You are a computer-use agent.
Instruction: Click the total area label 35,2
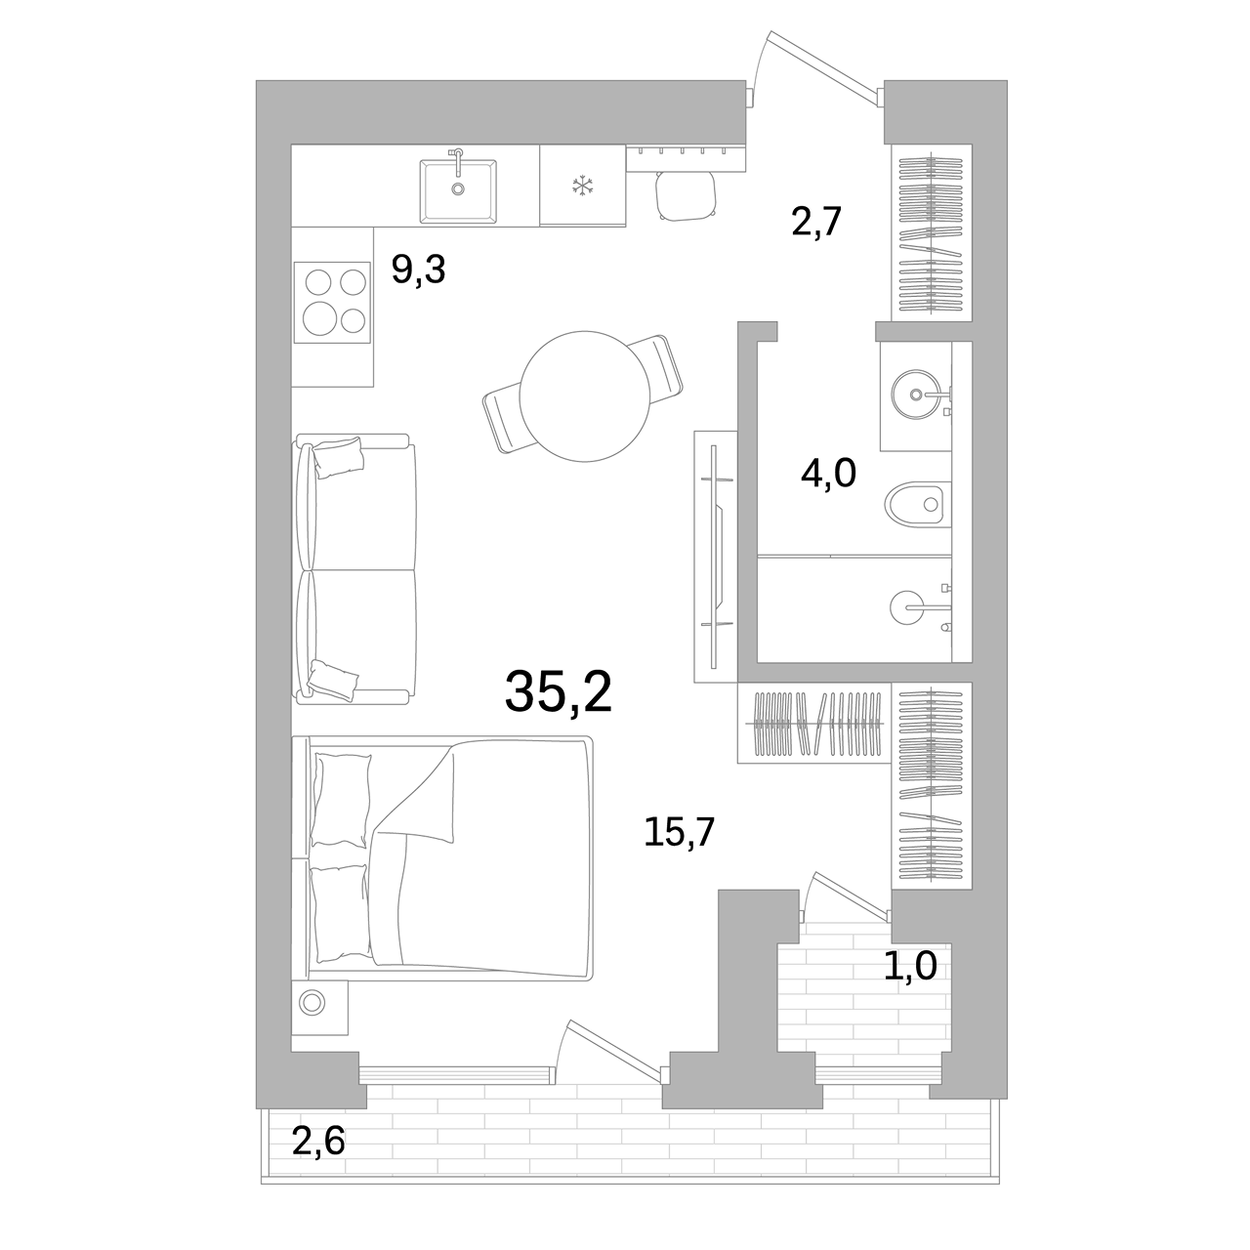(559, 692)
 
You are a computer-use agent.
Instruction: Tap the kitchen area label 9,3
(418, 270)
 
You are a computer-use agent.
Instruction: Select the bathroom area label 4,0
(828, 473)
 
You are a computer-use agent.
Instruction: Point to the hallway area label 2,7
(816, 222)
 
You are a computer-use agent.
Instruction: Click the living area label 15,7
(679, 832)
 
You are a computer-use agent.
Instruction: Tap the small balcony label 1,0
(910, 965)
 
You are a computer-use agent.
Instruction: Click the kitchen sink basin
(458, 191)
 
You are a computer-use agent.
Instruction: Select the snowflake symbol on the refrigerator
(582, 187)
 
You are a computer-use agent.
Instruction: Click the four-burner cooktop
(332, 303)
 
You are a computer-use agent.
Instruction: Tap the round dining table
(584, 396)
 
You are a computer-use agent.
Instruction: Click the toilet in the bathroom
(917, 503)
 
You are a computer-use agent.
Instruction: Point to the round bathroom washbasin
(915, 394)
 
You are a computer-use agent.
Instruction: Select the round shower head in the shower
(904, 607)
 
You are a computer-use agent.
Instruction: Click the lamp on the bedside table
(312, 1003)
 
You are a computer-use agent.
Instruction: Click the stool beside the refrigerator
(685, 195)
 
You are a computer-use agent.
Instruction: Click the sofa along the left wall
(355, 569)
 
